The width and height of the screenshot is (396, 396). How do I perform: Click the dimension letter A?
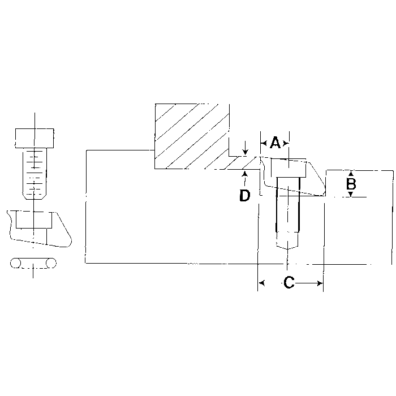pyautogui.click(x=275, y=143)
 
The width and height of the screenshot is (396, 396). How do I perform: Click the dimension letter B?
pyautogui.click(x=351, y=184)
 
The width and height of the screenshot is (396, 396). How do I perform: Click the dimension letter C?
pyautogui.click(x=289, y=282)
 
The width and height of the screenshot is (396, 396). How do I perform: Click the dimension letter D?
pyautogui.click(x=244, y=195)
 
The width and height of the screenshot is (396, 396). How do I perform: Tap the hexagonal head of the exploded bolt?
pyautogui.click(x=35, y=138)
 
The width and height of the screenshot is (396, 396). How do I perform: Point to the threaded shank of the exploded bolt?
pyautogui.click(x=35, y=174)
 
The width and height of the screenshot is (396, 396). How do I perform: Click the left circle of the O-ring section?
pyautogui.click(x=15, y=264)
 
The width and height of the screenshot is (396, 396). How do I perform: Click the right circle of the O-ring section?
pyautogui.click(x=51, y=264)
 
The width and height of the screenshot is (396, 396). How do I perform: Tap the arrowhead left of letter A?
pyautogui.click(x=264, y=144)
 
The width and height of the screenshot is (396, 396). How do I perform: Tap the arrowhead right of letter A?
pyautogui.click(x=286, y=144)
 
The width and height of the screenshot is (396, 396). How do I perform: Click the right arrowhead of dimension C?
pyautogui.click(x=320, y=283)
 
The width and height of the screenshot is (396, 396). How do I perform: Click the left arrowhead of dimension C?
pyautogui.click(x=261, y=283)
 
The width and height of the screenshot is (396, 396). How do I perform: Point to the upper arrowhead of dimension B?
pyautogui.click(x=351, y=174)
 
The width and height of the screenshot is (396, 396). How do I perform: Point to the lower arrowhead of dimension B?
pyautogui.click(x=351, y=194)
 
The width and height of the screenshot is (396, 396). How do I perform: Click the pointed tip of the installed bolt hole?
pyautogui.click(x=287, y=249)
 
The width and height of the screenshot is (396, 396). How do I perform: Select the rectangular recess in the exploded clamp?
pyautogui.click(x=34, y=220)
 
